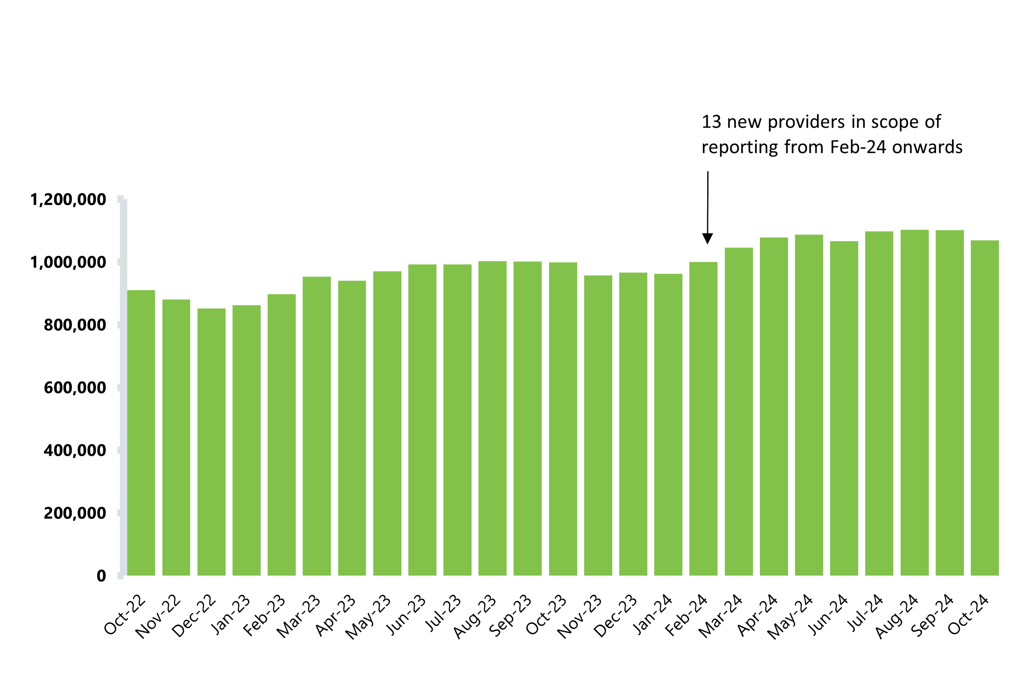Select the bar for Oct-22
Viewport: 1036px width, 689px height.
pyautogui.click(x=141, y=432)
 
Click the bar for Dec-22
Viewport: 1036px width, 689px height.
pyautogui.click(x=211, y=442)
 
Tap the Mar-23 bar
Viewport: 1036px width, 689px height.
pyautogui.click(x=317, y=426)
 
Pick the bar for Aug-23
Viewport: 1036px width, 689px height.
pyautogui.click(x=493, y=418)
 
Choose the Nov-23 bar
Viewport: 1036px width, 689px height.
pyautogui.click(x=598, y=425)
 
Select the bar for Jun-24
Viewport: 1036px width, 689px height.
pyautogui.click(x=844, y=408)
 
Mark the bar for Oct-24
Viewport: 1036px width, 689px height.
pyautogui.click(x=985, y=408)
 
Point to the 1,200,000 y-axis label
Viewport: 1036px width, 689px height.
pyautogui.click(x=68, y=200)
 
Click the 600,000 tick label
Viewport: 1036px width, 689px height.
pyautogui.click(x=75, y=388)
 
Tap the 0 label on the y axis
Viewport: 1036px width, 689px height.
pyautogui.click(x=102, y=576)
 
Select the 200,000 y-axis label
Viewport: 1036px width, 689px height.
pyautogui.click(x=75, y=513)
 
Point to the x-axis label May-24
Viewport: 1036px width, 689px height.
pyautogui.click(x=790, y=616)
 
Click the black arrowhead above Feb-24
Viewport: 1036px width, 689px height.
pyautogui.click(x=707, y=239)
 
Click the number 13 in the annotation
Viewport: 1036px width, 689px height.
pyautogui.click(x=711, y=122)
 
